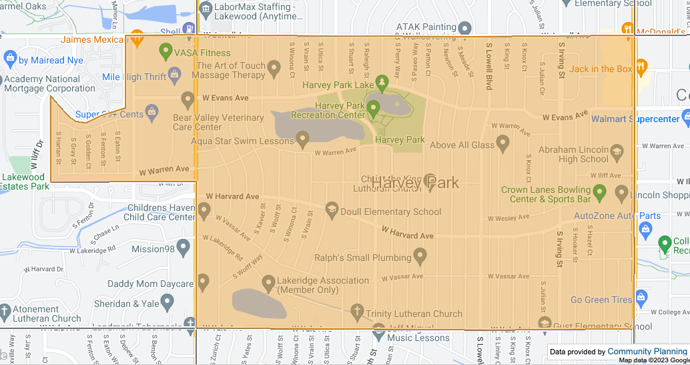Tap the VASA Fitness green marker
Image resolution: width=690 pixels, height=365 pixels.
tap(166, 51)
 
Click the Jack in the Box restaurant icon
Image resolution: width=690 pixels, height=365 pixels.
tap(641, 67)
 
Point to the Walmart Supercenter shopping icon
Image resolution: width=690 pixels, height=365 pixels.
tap(685, 119)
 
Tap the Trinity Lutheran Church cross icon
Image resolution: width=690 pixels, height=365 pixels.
tap(357, 312)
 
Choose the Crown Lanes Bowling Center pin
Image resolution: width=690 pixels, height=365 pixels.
tap(599, 194)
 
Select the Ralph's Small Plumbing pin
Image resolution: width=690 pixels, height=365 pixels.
tap(420, 256)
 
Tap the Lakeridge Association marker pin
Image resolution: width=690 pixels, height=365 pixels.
tap(268, 284)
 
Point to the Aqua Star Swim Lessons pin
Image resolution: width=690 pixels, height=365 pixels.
tap(302, 139)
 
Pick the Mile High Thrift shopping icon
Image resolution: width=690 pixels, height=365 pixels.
tap(175, 74)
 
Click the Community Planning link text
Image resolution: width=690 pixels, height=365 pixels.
tap(647, 351)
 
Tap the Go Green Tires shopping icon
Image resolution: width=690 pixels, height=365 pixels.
tap(641, 297)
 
